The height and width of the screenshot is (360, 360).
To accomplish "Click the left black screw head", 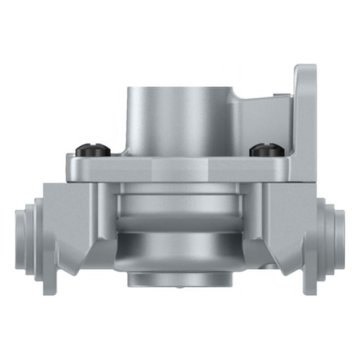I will [93, 150].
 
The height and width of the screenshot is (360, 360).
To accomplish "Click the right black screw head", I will [267, 150].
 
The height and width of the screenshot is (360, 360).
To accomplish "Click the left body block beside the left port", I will [68, 215].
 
